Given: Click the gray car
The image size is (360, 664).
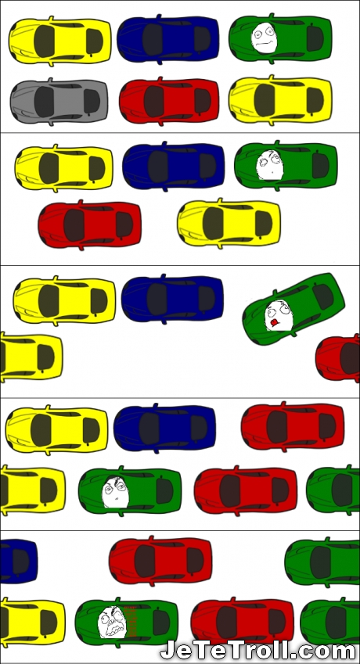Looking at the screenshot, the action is [59, 101].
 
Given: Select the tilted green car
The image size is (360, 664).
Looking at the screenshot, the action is [294, 309].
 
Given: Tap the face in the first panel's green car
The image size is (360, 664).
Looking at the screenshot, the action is [264, 38].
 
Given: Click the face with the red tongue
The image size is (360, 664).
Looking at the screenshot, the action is [279, 315].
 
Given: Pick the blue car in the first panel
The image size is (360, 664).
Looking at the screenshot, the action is [168, 39].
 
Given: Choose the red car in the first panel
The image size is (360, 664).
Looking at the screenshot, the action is [169, 101].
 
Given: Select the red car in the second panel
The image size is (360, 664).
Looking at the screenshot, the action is [90, 225].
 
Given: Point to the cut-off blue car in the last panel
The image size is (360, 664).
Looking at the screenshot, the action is [19, 560].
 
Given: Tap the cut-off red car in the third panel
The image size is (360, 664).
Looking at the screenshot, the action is [338, 358].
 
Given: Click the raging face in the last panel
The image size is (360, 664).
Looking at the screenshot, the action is [111, 622].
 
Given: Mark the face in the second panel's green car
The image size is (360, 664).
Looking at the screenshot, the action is [270, 165].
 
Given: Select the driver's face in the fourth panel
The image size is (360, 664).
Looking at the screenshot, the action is [115, 492].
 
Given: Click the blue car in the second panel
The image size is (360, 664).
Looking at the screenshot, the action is [174, 166].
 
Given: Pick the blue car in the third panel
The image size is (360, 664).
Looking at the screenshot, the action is [172, 299].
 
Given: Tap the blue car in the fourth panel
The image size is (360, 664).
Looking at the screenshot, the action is [165, 428].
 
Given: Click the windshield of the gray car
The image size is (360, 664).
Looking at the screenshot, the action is [45, 102].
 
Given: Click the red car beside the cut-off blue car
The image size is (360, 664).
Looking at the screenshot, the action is [160, 561].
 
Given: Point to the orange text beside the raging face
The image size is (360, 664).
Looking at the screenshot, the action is [131, 622].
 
